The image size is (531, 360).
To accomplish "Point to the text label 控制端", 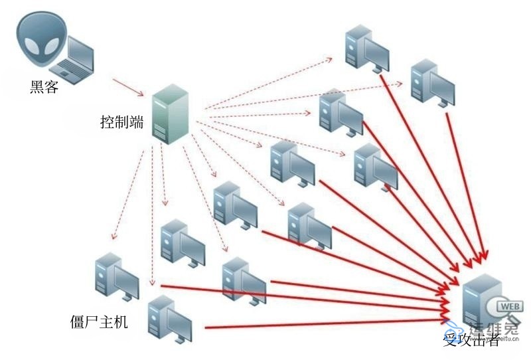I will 121,122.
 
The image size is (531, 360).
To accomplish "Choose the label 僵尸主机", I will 99,322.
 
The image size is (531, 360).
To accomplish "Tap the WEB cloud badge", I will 508,307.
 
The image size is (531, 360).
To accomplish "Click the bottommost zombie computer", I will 169,319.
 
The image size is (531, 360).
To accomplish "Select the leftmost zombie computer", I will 116,276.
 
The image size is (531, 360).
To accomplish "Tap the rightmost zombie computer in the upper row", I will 431,83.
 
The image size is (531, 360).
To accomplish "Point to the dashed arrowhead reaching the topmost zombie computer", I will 330,58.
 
